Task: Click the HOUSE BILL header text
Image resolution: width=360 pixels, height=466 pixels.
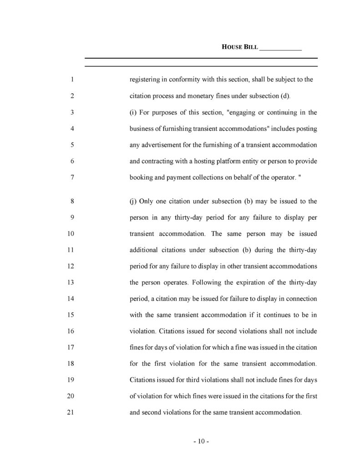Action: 239,47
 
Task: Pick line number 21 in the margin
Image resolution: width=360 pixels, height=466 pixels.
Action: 70,413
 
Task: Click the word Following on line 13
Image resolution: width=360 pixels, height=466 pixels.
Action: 207,282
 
